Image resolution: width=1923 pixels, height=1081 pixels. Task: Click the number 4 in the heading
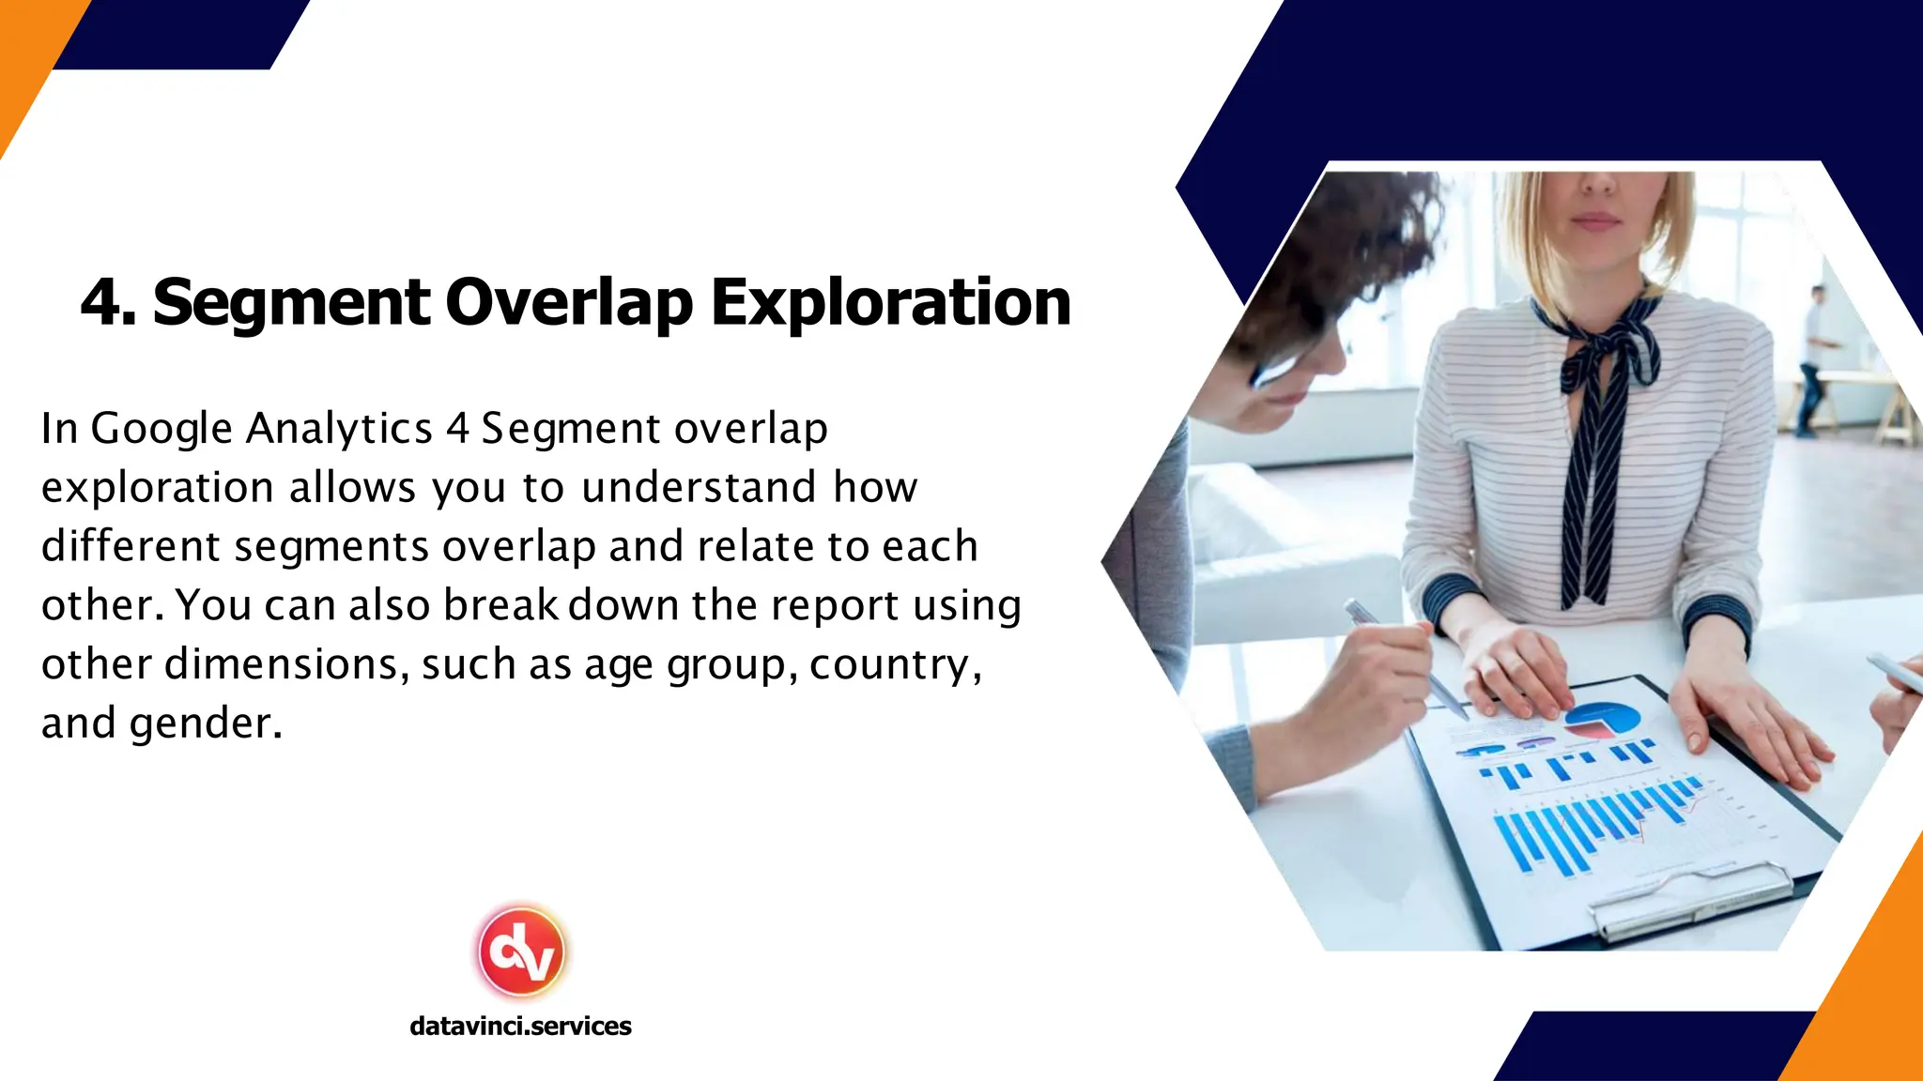pyautogui.click(x=101, y=302)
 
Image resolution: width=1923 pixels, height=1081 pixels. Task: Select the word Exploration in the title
pyautogui.click(x=890, y=302)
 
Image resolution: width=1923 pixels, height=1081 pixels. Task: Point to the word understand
pyautogui.click(x=699, y=488)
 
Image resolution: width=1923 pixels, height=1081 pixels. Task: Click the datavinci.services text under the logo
pyautogui.click(x=520, y=1026)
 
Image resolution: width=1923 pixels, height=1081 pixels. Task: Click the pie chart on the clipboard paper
pyautogui.click(x=1603, y=721)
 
